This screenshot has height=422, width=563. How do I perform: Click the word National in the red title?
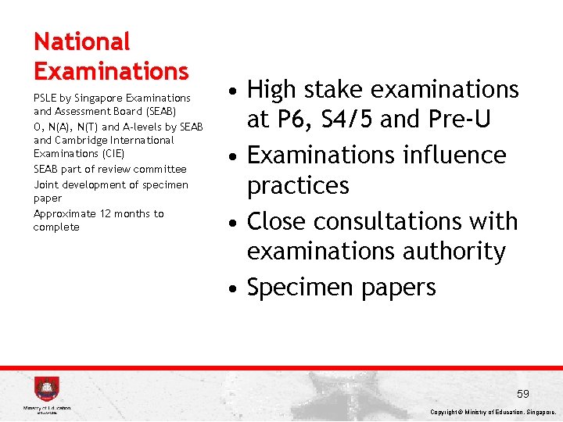coord(81,41)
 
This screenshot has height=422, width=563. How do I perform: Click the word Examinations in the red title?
coord(111,71)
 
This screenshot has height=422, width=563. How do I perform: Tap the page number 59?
coord(523,393)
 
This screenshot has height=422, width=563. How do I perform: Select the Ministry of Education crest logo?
coord(47,389)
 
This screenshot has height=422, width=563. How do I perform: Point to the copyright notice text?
coord(493,412)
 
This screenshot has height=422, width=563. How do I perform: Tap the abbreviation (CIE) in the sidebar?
coord(110,154)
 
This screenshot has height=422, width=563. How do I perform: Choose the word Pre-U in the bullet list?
coord(462,120)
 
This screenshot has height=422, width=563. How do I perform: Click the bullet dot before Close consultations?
coord(234,223)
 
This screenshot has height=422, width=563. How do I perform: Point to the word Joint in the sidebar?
coord(46,184)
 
